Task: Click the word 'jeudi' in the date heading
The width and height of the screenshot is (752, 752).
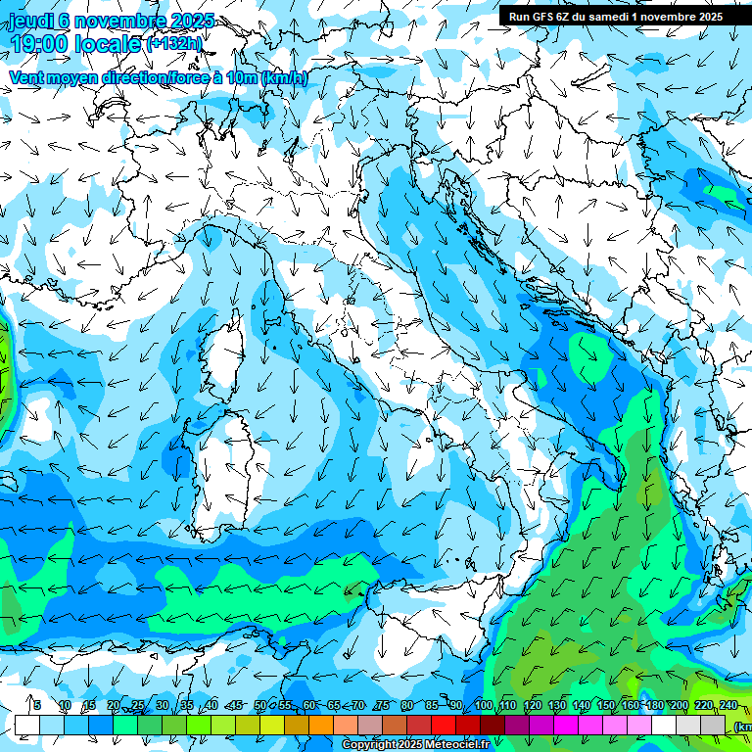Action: click(x=29, y=21)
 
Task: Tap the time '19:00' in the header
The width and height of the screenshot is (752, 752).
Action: click(x=39, y=44)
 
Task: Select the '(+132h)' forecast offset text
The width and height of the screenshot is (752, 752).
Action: click(x=174, y=44)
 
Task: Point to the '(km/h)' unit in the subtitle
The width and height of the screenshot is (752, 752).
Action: click(x=285, y=78)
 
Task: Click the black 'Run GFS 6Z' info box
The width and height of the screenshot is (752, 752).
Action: click(x=617, y=16)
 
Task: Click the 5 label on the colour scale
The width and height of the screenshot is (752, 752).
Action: click(x=36, y=706)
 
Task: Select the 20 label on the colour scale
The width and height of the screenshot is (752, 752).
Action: click(x=114, y=706)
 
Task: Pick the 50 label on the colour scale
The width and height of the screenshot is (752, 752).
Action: click(x=259, y=706)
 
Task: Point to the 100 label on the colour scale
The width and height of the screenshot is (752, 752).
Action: click(x=484, y=706)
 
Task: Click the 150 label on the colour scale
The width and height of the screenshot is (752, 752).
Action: click(x=606, y=706)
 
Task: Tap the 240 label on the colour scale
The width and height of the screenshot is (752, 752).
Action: click(x=728, y=706)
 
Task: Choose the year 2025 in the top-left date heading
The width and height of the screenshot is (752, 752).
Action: click(x=195, y=21)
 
